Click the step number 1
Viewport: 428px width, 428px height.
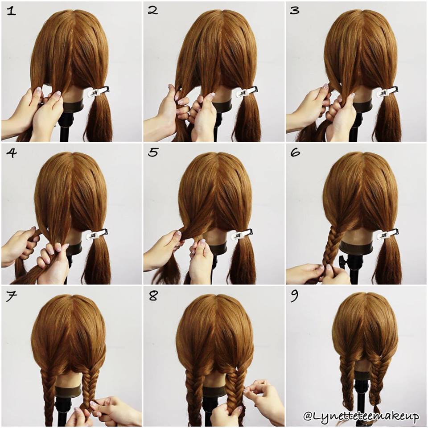11,11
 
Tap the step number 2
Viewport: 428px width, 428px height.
153,10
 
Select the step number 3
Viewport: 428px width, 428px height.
295,11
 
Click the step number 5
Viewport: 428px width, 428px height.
153,152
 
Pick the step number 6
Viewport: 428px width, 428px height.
295,152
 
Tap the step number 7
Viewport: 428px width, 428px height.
11,296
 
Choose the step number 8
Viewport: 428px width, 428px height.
153,296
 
